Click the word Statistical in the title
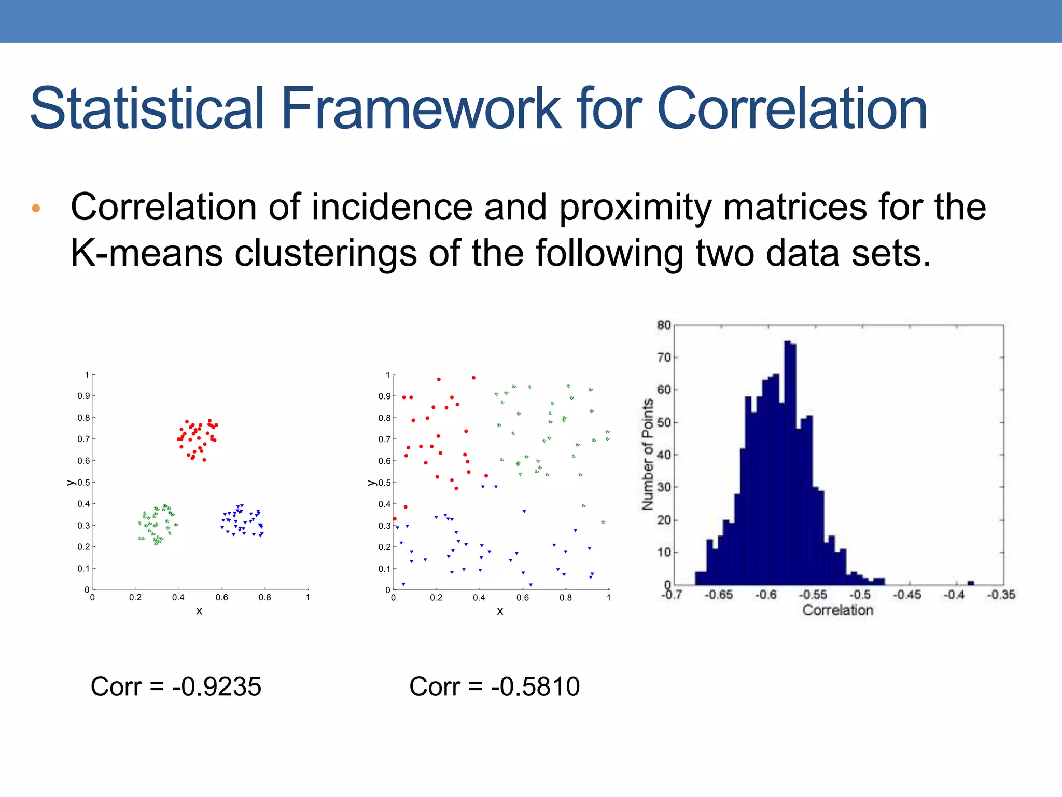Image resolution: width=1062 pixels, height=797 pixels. click(x=148, y=109)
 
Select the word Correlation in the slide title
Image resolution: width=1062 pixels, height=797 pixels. click(x=792, y=109)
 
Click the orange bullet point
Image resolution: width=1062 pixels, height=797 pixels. click(x=36, y=209)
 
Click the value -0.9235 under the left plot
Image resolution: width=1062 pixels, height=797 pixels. click(x=217, y=686)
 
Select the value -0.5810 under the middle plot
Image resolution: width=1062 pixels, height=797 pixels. click(x=535, y=686)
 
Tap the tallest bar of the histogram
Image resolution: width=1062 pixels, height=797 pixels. click(x=788, y=462)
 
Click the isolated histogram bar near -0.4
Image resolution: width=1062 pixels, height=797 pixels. click(x=971, y=583)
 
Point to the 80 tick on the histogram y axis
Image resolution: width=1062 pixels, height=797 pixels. click(x=664, y=325)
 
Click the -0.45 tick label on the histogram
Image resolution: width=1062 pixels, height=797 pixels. click(x=906, y=595)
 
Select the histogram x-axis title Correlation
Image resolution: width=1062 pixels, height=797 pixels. click(x=837, y=610)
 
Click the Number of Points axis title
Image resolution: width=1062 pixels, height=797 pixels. click(x=648, y=455)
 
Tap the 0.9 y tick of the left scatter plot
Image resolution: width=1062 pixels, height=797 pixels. click(x=83, y=396)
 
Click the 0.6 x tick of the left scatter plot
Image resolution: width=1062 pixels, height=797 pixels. click(x=221, y=598)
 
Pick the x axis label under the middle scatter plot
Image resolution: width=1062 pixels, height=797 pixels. click(x=500, y=611)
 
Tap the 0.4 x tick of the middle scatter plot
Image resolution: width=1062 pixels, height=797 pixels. click(x=479, y=598)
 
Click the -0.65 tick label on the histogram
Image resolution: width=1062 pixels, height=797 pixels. click(x=718, y=595)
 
